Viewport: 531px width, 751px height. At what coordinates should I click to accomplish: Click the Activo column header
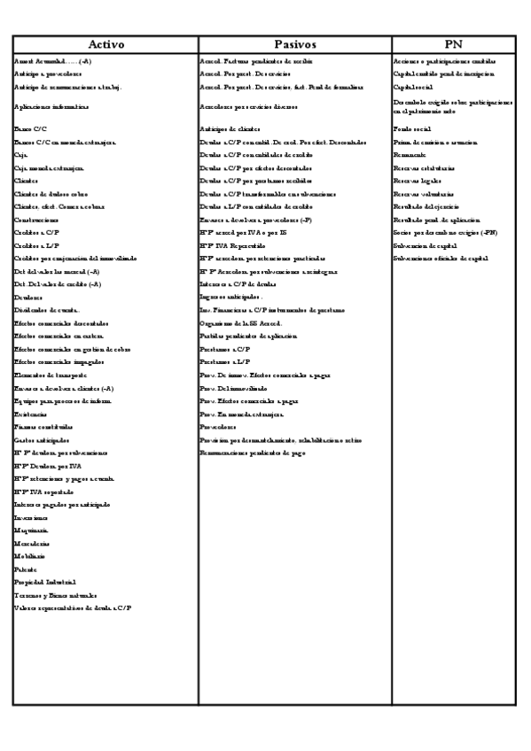tap(105, 44)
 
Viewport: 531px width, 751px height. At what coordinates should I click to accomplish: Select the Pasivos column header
tap(294, 44)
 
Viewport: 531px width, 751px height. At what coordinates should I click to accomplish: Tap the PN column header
tap(453, 44)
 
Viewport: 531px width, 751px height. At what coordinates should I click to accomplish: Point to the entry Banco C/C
tap(31, 130)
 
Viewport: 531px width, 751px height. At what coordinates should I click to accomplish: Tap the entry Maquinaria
tap(32, 530)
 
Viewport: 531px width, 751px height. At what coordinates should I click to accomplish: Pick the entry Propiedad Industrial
tap(44, 582)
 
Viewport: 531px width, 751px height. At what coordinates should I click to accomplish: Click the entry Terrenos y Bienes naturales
tap(55, 595)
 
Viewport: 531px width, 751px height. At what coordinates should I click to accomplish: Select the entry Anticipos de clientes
tap(235, 130)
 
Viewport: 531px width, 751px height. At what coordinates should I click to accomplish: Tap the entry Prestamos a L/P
tap(225, 362)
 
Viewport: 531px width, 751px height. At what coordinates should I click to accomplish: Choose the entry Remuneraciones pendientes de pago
tap(256, 453)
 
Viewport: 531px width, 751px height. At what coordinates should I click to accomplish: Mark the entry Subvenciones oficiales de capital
tap(441, 258)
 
